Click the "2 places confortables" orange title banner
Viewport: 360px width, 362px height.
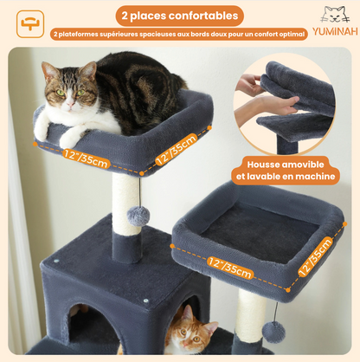click(180, 15)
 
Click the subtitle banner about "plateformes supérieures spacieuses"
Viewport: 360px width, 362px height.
click(179, 35)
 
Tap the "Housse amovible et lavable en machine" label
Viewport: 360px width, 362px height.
click(292, 169)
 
